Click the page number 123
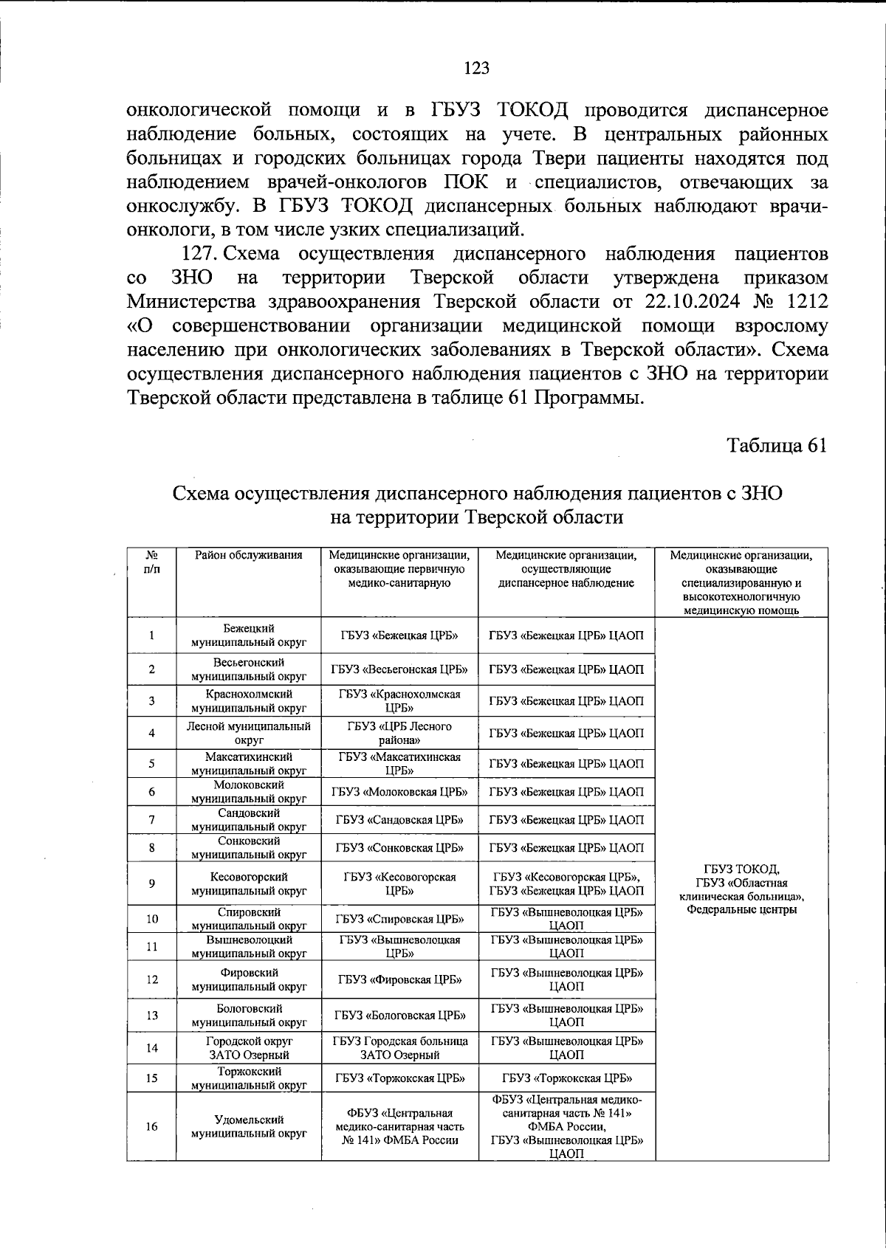(x=476, y=69)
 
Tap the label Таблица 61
(x=776, y=446)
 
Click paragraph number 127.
(x=198, y=255)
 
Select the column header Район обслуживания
(x=249, y=556)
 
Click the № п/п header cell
(x=151, y=562)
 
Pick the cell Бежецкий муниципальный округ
(x=249, y=635)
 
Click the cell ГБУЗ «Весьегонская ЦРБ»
(x=399, y=669)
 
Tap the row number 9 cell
(x=151, y=883)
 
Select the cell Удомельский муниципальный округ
(x=249, y=1126)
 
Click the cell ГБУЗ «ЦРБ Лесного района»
(x=399, y=733)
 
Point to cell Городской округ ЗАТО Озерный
(x=249, y=1048)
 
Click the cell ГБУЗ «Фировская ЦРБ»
(x=399, y=980)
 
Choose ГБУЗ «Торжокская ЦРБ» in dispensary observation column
(x=566, y=1078)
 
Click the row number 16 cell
(x=151, y=1126)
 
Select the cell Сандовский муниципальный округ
(x=249, y=820)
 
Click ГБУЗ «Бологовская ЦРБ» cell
(x=399, y=1016)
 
